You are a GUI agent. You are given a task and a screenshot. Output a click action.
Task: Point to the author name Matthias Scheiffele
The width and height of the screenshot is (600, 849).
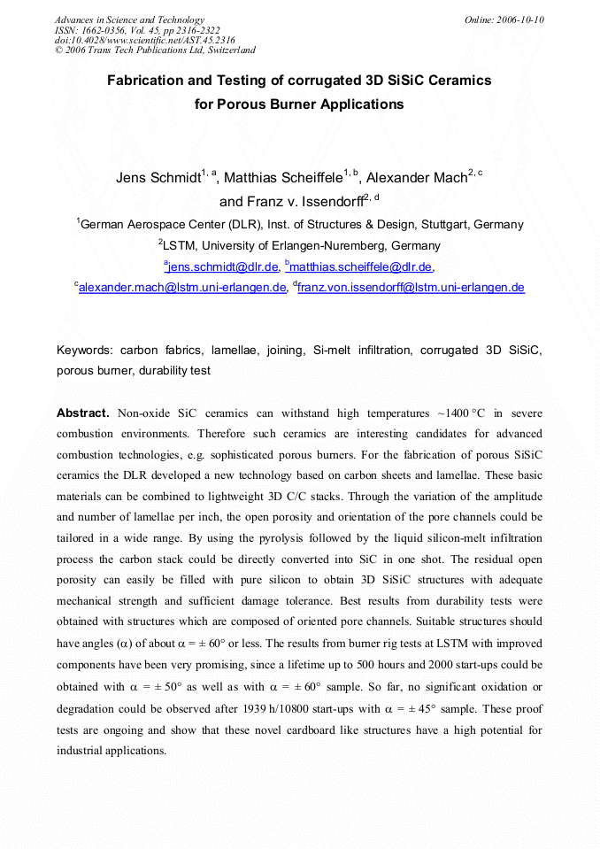(282, 178)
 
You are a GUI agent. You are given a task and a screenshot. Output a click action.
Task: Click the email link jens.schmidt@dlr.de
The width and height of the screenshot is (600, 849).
(223, 266)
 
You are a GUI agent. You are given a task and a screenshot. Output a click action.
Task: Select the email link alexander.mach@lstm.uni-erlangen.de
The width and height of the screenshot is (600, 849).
(182, 287)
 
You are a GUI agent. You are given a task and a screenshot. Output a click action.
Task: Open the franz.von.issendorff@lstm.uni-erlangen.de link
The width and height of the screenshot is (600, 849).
(412, 287)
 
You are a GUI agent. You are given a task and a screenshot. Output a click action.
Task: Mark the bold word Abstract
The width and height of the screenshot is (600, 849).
(82, 413)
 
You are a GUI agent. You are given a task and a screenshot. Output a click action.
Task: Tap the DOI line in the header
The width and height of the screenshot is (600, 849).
(144, 40)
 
